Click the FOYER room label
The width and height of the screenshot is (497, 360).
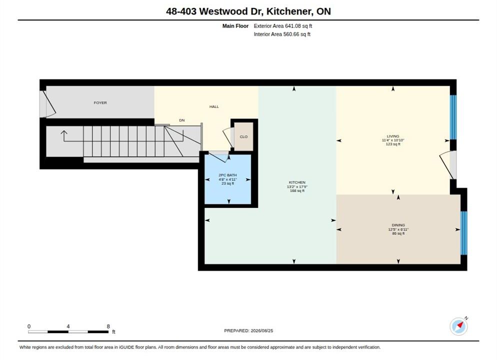(100, 102)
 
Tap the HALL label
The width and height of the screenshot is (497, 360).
(214, 107)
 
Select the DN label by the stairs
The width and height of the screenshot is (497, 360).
(182, 120)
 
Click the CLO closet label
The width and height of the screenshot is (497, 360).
(243, 137)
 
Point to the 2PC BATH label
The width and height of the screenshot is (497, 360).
(227, 175)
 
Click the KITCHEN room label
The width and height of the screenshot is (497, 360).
(297, 182)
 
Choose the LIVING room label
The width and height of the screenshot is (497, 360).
(392, 136)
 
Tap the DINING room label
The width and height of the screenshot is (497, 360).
(398, 225)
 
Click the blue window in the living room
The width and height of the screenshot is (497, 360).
(453, 117)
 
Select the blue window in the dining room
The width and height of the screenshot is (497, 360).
(463, 233)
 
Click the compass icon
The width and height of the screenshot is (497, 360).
(458, 326)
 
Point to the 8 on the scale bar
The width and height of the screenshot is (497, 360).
(108, 326)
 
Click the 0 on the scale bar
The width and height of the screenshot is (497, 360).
(29, 326)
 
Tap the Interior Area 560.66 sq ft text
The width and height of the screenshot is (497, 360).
(282, 34)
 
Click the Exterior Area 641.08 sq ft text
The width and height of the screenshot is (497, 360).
(283, 26)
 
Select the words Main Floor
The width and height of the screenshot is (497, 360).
(235, 26)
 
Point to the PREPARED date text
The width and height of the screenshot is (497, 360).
(248, 330)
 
